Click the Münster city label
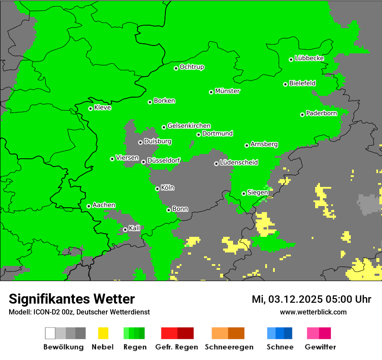point(227,92)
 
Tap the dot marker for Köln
point(157,189)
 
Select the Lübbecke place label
point(310,59)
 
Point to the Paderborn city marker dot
point(302,115)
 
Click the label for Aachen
point(104,205)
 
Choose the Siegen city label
point(257,193)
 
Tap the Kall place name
point(135,228)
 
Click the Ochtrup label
point(192,67)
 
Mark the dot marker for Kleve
point(90,108)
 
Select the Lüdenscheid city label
point(239,163)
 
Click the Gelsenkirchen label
point(189,126)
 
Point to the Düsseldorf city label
point(164,161)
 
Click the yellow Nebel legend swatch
point(103,333)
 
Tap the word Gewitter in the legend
point(320,347)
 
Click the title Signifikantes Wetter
point(72,299)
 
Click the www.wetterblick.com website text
point(313,312)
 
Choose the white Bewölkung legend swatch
point(50,333)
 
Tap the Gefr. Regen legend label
point(177,347)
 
